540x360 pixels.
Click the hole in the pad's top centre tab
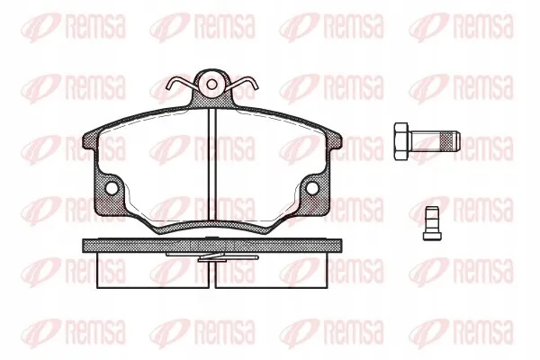tap(211, 85)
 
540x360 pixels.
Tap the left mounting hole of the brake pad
tap(112, 188)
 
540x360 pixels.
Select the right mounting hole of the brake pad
tap(312, 188)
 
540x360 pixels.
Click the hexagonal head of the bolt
tap(400, 141)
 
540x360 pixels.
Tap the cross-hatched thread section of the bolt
tap(446, 141)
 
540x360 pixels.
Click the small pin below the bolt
tap(432, 223)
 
